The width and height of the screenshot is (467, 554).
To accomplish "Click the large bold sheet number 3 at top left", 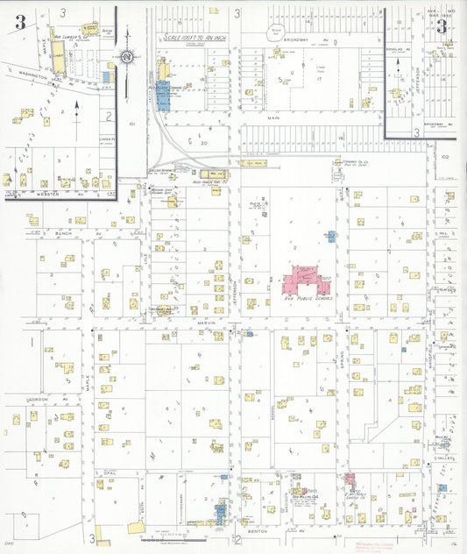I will coord(18,23).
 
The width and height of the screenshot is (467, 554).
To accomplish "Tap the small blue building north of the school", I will coord(331,237).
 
